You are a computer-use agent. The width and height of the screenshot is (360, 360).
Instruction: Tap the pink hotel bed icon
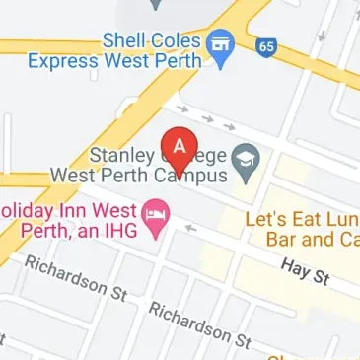pos(154,214)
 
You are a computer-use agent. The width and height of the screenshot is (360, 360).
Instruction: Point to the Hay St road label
pos(304,274)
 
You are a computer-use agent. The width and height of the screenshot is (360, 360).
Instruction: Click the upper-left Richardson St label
pos(76,279)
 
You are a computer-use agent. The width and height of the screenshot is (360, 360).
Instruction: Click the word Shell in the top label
pos(126,40)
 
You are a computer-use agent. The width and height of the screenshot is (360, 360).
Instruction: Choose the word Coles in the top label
pos(177,40)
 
